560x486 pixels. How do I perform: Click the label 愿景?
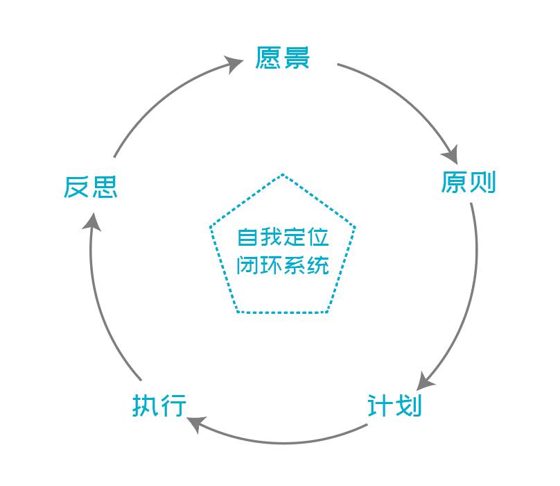282,58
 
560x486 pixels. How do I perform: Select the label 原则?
469,182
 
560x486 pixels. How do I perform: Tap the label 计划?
394,405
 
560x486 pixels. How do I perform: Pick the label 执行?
159,405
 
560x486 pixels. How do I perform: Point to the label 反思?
90,187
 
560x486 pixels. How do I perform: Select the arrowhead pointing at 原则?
450,155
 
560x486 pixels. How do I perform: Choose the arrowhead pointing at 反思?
92,222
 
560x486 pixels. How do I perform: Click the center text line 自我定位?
283,237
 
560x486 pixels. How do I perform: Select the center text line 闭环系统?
283,265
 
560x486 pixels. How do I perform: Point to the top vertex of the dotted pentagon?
283,174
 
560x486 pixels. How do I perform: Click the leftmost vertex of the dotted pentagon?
210,226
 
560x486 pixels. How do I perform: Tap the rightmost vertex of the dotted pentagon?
356,226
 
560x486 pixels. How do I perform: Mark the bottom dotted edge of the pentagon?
282,312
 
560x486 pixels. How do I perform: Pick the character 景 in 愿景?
296,58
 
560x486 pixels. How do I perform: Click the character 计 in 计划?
380,405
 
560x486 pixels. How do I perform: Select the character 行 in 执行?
173,405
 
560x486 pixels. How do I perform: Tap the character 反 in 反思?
76,187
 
